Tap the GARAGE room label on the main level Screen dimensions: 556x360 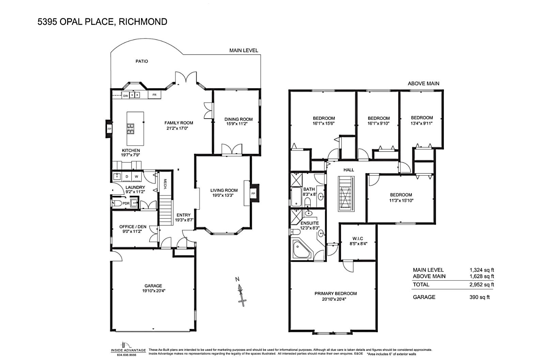click(153, 286)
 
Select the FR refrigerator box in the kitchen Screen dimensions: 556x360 click(154, 95)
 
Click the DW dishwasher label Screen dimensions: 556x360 click(126, 96)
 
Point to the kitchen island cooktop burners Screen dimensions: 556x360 click(130, 129)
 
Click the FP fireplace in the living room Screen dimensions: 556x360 click(253, 193)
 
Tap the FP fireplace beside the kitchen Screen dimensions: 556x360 click(109, 129)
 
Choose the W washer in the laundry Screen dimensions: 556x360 click(136, 177)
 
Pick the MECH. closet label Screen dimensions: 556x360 click(165, 184)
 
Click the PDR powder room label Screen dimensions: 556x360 click(126, 204)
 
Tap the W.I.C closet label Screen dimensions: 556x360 click(358, 239)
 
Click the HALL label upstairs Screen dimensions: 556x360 click(349, 170)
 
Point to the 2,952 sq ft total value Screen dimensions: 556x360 click(481, 285)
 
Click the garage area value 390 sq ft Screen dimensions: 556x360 click(479, 297)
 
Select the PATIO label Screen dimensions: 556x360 click(142, 61)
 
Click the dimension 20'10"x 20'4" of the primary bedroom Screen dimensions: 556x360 click(334, 299)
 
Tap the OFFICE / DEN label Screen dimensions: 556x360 click(133, 227)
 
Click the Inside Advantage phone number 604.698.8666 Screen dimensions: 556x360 click(127, 355)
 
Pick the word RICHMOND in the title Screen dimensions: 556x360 click(143, 22)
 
